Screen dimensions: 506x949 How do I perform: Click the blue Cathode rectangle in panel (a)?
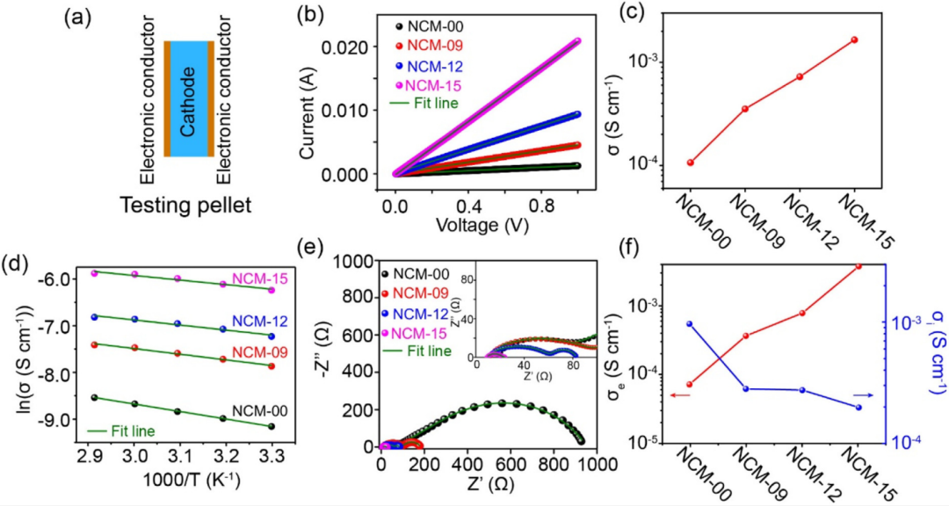186,98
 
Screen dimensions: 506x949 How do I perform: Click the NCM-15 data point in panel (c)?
854,40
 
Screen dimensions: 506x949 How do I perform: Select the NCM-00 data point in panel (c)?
691,163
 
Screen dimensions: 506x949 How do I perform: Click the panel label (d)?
18,263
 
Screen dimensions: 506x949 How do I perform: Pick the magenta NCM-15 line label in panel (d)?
254,281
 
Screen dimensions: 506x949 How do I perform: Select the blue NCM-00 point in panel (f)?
690,323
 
